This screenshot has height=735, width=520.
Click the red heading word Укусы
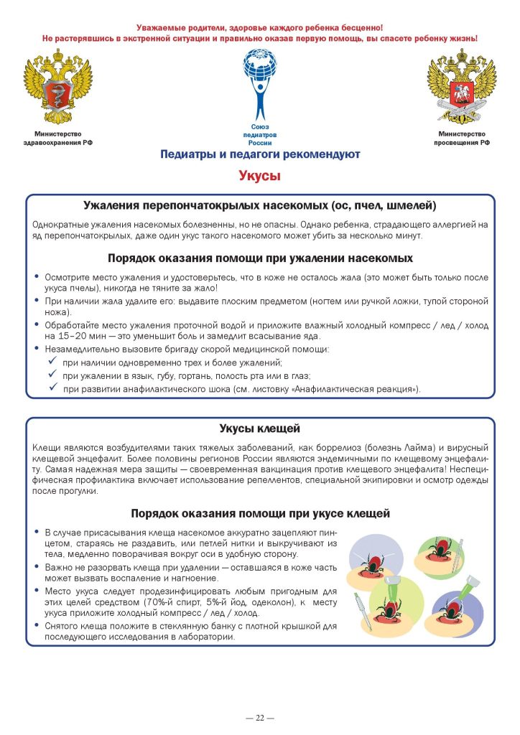(x=259, y=176)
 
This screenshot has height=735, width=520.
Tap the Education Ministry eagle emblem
(x=461, y=86)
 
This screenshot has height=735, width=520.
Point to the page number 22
(x=260, y=717)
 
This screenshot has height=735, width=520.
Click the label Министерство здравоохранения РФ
(x=58, y=139)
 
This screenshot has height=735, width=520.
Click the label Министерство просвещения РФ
(x=461, y=139)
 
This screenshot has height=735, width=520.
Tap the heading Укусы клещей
(x=259, y=429)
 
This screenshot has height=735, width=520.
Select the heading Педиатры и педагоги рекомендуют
(x=260, y=154)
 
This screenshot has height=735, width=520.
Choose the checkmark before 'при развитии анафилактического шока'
(x=52, y=388)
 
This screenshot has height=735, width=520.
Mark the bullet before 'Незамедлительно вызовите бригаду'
(x=37, y=349)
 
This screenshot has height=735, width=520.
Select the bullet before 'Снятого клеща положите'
(x=37, y=626)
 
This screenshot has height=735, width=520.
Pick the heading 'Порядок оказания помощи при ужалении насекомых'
(x=260, y=258)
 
